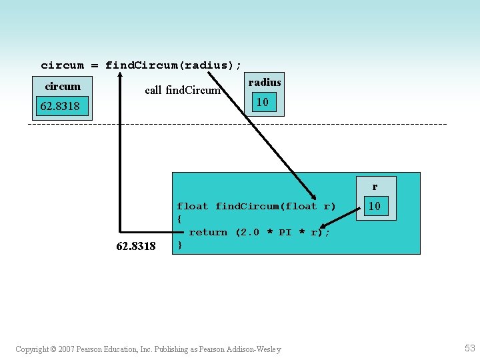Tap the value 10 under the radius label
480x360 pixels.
(x=263, y=102)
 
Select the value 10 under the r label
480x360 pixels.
(x=375, y=206)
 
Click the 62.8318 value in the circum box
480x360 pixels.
(x=60, y=106)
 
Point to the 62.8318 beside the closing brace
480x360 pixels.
(x=136, y=246)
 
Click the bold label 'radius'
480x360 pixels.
(x=265, y=82)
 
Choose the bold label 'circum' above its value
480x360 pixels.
(x=63, y=86)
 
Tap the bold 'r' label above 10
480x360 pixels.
(x=375, y=187)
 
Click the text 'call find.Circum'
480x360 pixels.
(x=183, y=90)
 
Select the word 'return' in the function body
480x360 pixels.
(x=208, y=232)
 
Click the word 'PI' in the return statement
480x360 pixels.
(x=285, y=232)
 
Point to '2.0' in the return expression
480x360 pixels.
(x=247, y=232)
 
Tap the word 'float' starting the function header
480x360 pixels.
(x=192, y=207)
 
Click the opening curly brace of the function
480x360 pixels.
(x=179, y=219)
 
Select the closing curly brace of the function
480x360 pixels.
(x=179, y=245)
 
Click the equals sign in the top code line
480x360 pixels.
(x=95, y=65)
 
